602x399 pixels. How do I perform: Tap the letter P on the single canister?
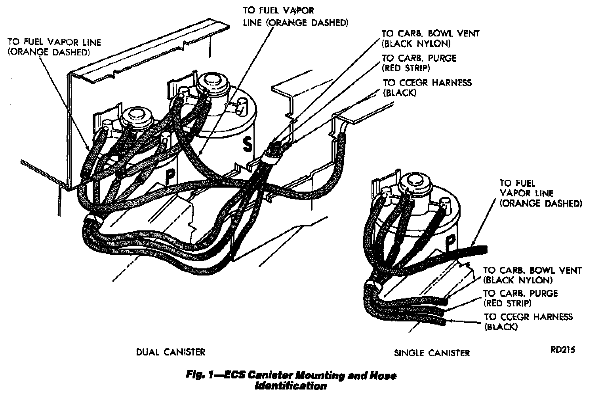pos(450,241)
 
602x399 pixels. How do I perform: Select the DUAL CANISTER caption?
pos(171,352)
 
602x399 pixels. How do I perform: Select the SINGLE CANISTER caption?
pos(432,353)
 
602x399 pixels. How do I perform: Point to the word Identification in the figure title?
pos(291,386)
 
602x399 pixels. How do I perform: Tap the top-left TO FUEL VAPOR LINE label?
pos(54,47)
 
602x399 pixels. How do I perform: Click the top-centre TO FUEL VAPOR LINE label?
pos(295,17)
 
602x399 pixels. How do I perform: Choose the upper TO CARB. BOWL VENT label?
pos(430,38)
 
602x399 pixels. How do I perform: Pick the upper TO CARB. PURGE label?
pos(419,63)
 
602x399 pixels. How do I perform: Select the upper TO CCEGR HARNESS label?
pos(427,87)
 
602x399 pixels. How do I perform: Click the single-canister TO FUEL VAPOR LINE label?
pos(540,193)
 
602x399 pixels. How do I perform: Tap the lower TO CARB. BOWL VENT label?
pos(532,275)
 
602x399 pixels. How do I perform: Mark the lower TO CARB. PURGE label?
pos(520,298)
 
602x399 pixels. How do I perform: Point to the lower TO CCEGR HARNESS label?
pos(528,321)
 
